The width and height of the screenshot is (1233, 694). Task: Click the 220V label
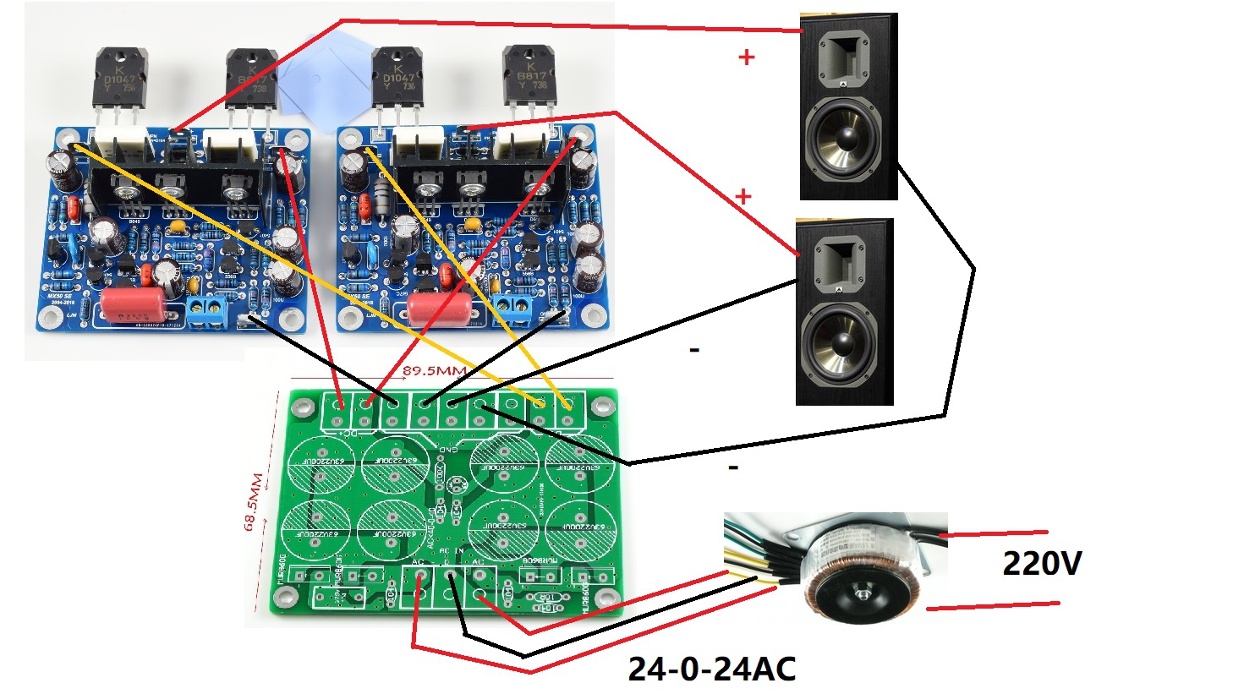coord(1041,563)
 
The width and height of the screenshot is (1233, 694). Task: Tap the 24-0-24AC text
coord(711,669)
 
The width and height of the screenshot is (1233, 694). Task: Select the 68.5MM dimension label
coord(255,502)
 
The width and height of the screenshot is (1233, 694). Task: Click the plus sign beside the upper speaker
coord(746,57)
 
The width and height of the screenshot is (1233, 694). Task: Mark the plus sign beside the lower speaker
coord(743,197)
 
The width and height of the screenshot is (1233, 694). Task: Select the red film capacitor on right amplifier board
coord(439,305)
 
